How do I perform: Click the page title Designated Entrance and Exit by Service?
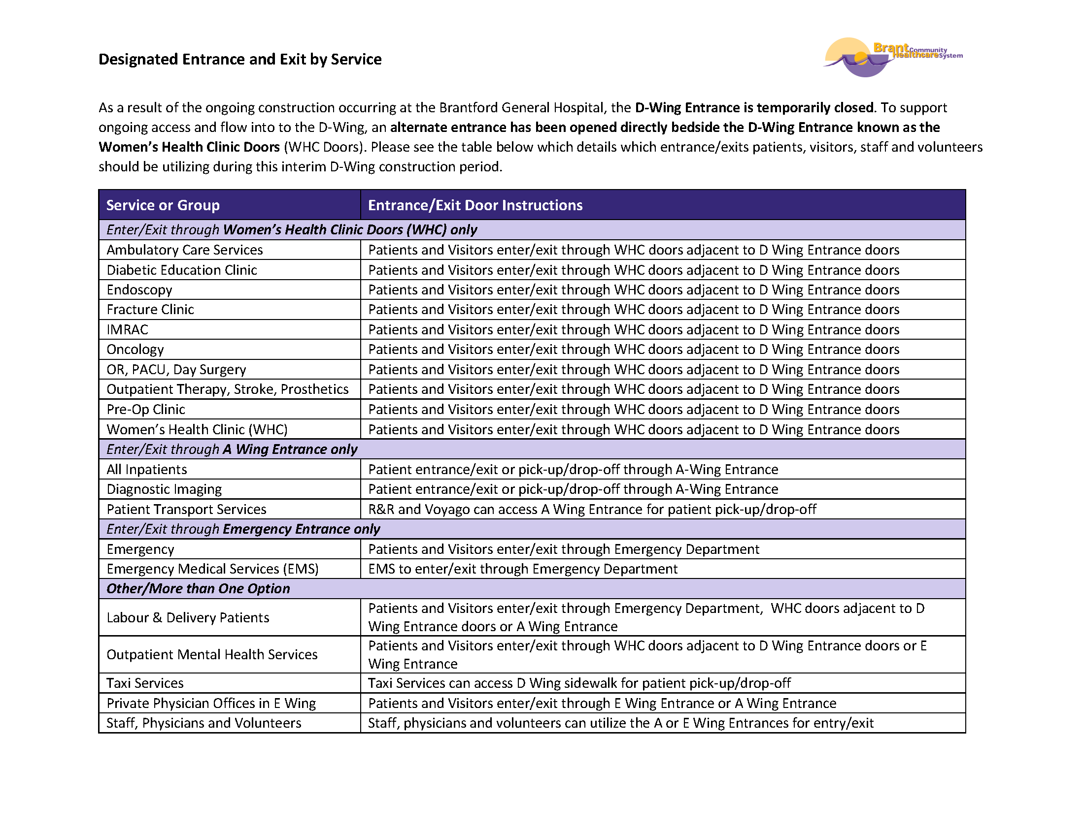(x=239, y=59)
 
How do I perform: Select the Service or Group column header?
(x=163, y=205)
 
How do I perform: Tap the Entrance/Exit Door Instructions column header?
(x=475, y=205)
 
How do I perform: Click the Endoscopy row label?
(x=139, y=289)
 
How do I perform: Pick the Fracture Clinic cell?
(x=150, y=309)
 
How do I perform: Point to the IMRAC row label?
(x=127, y=329)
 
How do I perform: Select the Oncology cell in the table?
(x=135, y=349)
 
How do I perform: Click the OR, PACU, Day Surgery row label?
(x=176, y=369)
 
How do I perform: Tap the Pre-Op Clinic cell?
(x=145, y=409)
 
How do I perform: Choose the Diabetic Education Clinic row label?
(x=182, y=270)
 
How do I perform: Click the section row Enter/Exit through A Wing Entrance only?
(x=232, y=449)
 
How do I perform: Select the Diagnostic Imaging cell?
(x=164, y=489)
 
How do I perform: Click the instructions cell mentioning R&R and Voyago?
(x=592, y=509)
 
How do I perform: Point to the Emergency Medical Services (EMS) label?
(x=212, y=569)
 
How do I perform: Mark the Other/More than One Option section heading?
(x=198, y=588)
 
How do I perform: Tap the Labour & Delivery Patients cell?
(x=188, y=617)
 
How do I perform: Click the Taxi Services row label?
(x=145, y=683)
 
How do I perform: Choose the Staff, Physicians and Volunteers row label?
(x=203, y=723)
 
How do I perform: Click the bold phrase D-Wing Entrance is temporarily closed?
(x=754, y=108)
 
